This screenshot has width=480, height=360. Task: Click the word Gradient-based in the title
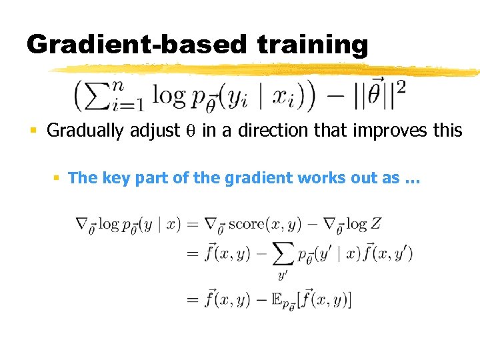tap(137, 44)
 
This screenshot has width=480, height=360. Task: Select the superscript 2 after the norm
tap(401, 87)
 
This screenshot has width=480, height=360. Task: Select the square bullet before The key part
tap(58, 178)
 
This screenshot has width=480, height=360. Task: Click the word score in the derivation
tap(245, 225)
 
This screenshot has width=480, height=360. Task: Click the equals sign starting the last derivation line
tap(193, 300)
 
